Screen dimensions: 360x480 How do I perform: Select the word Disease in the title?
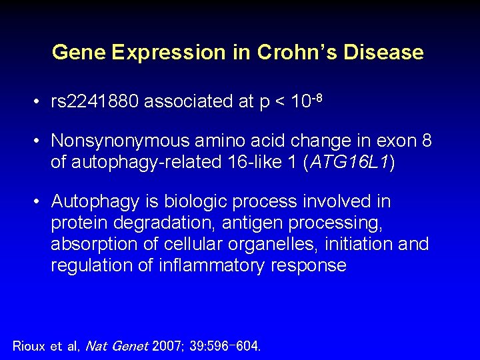[383, 52]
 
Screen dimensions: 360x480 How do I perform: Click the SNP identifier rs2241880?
[95, 101]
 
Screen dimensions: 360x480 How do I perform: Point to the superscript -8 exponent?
[317, 97]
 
